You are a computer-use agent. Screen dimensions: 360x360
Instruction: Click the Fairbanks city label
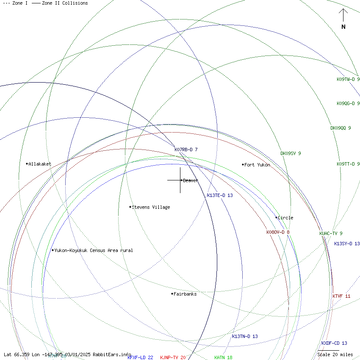point(185,294)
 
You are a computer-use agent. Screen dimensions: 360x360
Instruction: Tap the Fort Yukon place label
point(257,165)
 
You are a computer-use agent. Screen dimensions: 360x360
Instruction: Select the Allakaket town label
point(40,164)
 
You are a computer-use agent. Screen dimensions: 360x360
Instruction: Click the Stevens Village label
point(151,207)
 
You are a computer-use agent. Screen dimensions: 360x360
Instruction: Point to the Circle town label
point(285,218)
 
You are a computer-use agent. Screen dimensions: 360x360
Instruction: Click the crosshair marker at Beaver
point(180,180)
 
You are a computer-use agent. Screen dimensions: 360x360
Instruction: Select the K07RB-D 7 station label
point(186,150)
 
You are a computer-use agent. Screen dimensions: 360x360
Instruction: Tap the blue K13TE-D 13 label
point(220,195)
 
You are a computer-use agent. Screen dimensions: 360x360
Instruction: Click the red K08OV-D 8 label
point(278,232)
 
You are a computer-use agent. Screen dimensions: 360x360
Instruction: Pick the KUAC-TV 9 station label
point(331,233)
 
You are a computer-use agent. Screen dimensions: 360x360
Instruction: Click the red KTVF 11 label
point(341,296)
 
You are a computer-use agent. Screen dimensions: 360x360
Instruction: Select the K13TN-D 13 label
point(244,336)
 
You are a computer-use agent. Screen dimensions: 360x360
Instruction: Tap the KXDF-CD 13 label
point(334,343)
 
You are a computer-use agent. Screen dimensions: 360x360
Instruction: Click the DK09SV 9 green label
point(291,153)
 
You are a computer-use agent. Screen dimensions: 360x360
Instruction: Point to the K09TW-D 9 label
point(348,79)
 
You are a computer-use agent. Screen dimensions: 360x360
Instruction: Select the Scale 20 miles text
point(335,354)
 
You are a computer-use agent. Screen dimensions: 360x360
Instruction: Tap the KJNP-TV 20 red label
point(173,357)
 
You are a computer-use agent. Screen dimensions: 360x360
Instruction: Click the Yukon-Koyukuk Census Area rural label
point(93,250)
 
